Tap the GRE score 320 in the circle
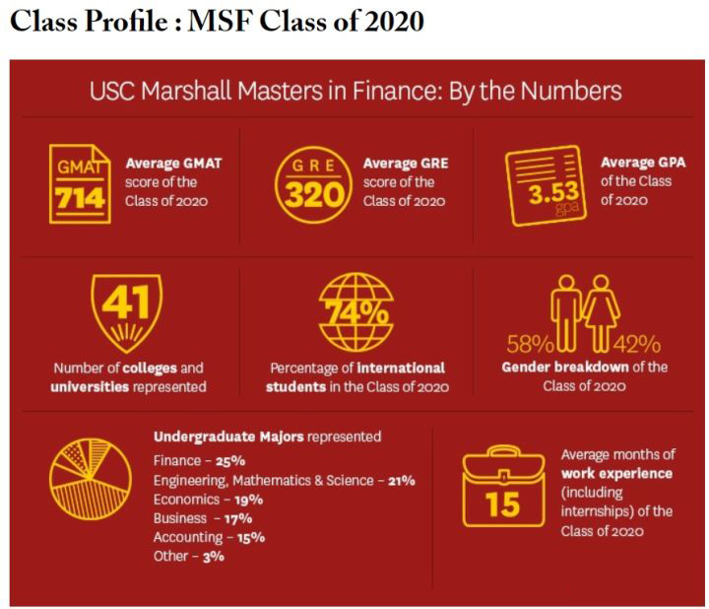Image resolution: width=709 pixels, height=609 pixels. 313,194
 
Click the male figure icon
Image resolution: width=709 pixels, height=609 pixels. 568,311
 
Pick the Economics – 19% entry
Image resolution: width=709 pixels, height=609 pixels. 209,499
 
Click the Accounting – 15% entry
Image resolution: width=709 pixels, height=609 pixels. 209,537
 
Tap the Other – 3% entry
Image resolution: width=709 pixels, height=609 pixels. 189,556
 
